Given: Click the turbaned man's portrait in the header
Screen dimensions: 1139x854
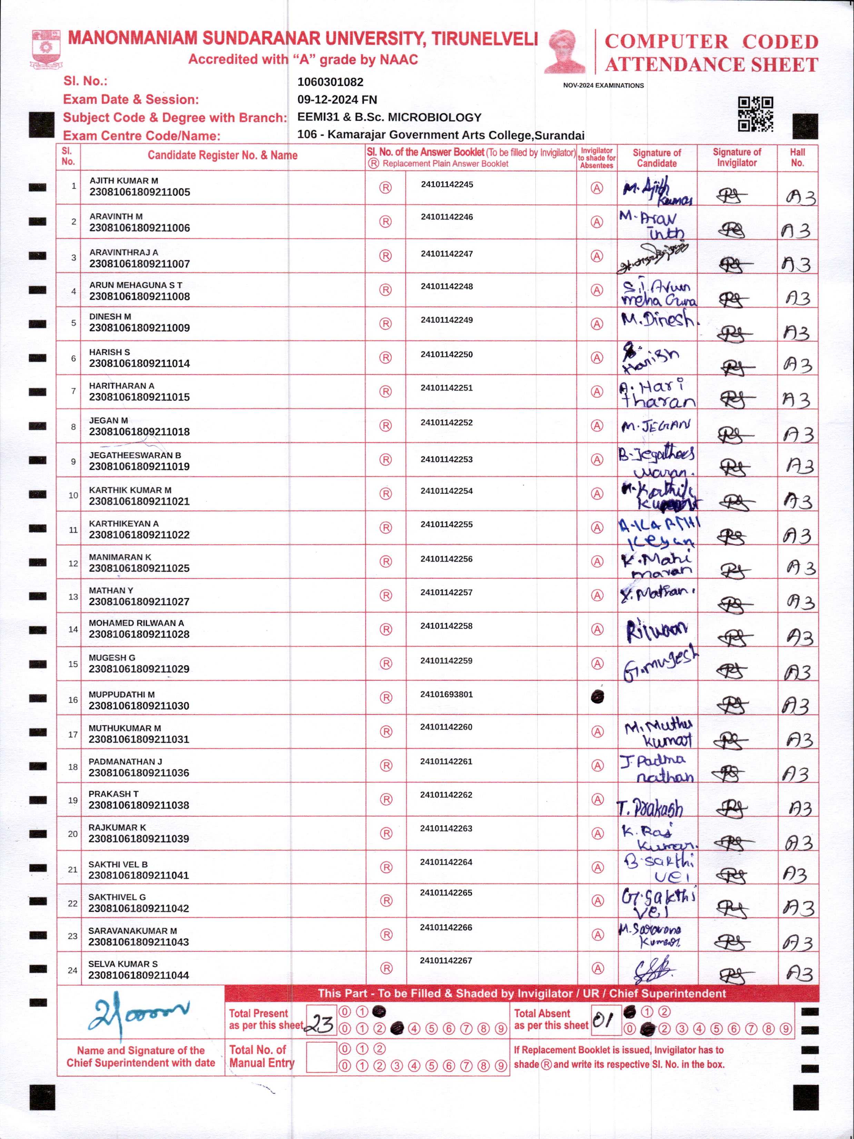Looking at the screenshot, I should point(565,51).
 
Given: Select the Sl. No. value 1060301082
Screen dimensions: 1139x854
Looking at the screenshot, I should point(330,82).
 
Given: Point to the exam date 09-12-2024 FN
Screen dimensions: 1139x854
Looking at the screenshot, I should point(337,99).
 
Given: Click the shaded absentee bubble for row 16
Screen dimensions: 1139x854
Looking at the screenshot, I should point(597,697).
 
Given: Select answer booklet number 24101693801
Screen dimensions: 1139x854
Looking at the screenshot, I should point(446,694).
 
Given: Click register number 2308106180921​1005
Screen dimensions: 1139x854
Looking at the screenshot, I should point(139,192).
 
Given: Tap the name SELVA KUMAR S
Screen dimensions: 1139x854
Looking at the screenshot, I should point(123,964).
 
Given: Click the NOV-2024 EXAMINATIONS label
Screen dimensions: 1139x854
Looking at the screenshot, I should point(603,86).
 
